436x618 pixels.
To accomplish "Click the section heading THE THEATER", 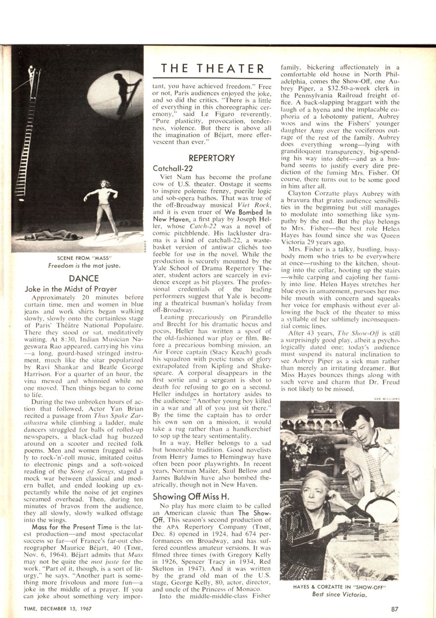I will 212,68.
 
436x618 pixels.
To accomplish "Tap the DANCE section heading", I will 84,278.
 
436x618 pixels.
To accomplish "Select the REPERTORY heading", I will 212,158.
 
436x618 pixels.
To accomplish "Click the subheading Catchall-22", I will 173,168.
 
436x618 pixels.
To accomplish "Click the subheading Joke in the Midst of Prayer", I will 71,289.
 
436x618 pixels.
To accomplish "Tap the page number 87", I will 395,608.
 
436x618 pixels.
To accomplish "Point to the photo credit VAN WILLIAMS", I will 387,398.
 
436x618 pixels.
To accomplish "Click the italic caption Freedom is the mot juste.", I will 84,265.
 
